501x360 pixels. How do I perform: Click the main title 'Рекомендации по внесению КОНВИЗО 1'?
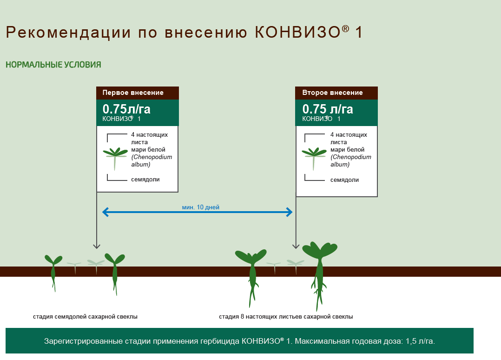pyautogui.click(x=184, y=32)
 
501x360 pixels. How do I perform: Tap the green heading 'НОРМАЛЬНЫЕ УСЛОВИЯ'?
pyautogui.click(x=53, y=65)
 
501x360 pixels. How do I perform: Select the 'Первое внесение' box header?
pyautogui.click(x=138, y=93)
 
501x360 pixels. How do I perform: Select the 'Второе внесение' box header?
pyautogui.click(x=336, y=93)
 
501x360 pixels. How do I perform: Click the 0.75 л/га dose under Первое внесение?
pyautogui.click(x=126, y=109)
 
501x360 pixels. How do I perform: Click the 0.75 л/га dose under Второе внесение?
pyautogui.click(x=328, y=109)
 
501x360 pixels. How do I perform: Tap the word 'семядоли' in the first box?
pyautogui.click(x=145, y=180)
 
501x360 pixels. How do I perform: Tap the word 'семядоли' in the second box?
pyautogui.click(x=344, y=180)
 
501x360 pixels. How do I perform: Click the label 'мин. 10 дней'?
pyautogui.click(x=201, y=207)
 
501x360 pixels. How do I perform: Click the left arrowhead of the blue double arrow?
pyautogui.click(x=105, y=212)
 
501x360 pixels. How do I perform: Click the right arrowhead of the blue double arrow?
pyautogui.click(x=289, y=212)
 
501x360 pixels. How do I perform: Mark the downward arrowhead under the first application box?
pyautogui.click(x=97, y=247)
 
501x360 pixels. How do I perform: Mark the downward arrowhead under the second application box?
pyautogui.click(x=296, y=247)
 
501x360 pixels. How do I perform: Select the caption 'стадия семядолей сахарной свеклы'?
pyautogui.click(x=86, y=317)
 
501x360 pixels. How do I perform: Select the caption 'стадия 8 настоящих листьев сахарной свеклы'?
pyautogui.click(x=286, y=317)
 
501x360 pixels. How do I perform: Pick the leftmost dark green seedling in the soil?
pyautogui.click(x=53, y=270)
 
